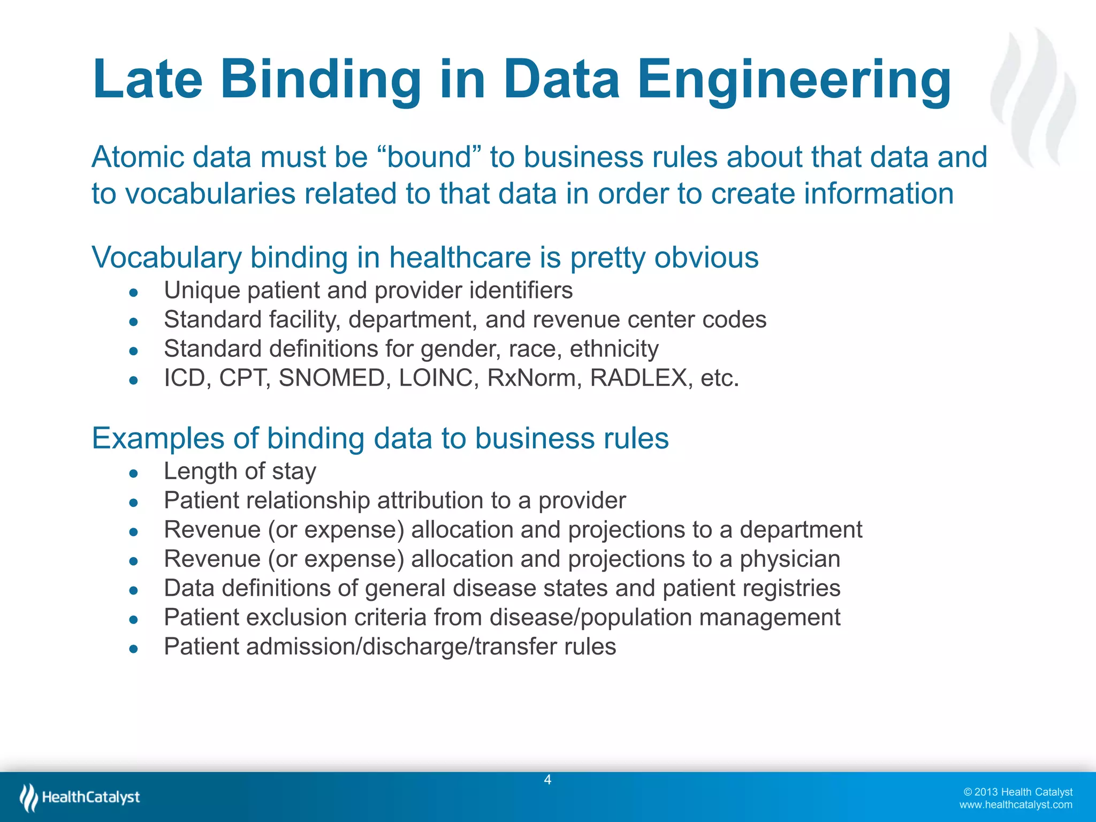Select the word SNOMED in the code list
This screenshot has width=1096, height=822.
click(x=331, y=378)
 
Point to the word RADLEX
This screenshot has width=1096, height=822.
click(x=638, y=378)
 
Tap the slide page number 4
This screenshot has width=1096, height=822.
click(x=547, y=780)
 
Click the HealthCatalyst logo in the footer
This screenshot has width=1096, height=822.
click(x=80, y=797)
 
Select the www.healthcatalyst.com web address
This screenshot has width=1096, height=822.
click(x=1015, y=805)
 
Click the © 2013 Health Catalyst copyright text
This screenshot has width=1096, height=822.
click(x=1018, y=792)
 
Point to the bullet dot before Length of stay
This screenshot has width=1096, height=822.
click(x=134, y=473)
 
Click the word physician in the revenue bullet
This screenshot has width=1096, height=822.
click(x=789, y=559)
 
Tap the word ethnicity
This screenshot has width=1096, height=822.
click(x=614, y=349)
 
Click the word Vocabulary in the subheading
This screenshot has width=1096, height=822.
click(x=166, y=258)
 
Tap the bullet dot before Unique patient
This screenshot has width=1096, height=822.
click(x=134, y=292)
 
